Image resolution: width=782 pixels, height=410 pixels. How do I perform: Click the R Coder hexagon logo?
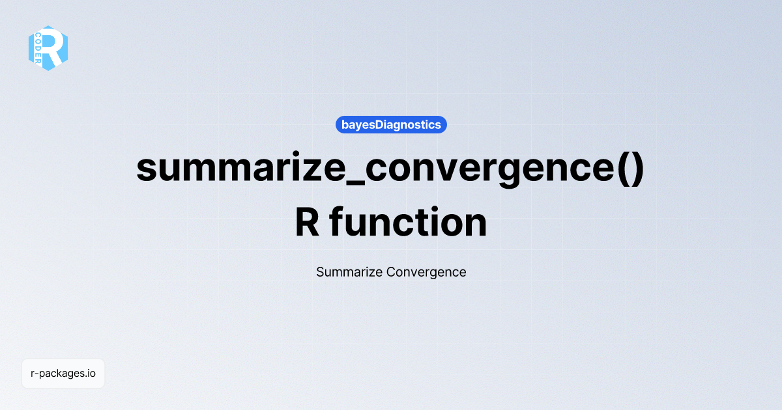click(x=48, y=48)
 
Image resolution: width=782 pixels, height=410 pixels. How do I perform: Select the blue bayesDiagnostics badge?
click(x=391, y=124)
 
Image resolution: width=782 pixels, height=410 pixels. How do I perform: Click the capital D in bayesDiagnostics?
click(x=384, y=124)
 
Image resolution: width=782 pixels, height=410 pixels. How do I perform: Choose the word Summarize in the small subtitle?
click(x=349, y=272)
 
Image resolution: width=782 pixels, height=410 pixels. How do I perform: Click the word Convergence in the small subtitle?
click(x=426, y=272)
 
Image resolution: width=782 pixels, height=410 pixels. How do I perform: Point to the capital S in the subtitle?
click(x=321, y=272)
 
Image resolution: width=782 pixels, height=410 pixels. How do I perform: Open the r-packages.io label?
click(x=63, y=374)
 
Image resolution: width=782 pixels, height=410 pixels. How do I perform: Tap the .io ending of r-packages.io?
click(x=89, y=374)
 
